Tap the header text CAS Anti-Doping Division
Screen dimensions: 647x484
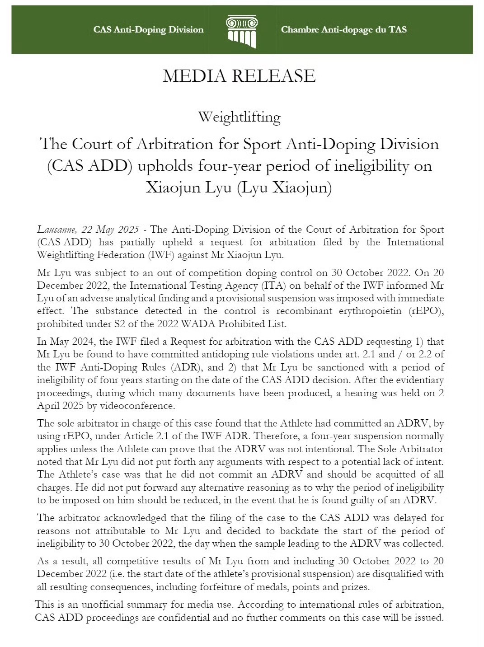(148, 30)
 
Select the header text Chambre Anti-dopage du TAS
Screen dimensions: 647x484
(343, 30)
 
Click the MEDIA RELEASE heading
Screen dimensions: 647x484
(239, 76)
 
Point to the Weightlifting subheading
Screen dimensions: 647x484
(239, 117)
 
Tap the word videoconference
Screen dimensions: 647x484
(136, 406)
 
